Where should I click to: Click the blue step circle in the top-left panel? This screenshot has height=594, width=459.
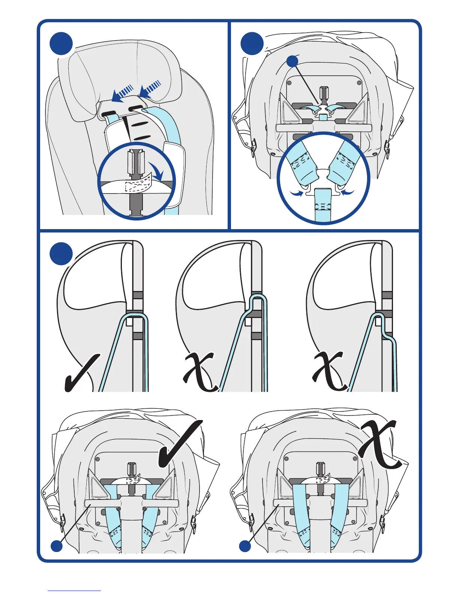click(x=61, y=43)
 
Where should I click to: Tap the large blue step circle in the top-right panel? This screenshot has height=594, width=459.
click(x=252, y=43)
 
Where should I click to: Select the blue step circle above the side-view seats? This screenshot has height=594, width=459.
click(x=61, y=253)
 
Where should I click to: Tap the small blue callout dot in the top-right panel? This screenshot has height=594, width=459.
click(x=292, y=61)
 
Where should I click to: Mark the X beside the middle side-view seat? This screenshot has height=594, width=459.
click(x=199, y=371)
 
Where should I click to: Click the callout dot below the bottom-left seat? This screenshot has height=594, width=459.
click(x=57, y=546)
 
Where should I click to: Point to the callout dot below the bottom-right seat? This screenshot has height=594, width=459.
click(x=245, y=546)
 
